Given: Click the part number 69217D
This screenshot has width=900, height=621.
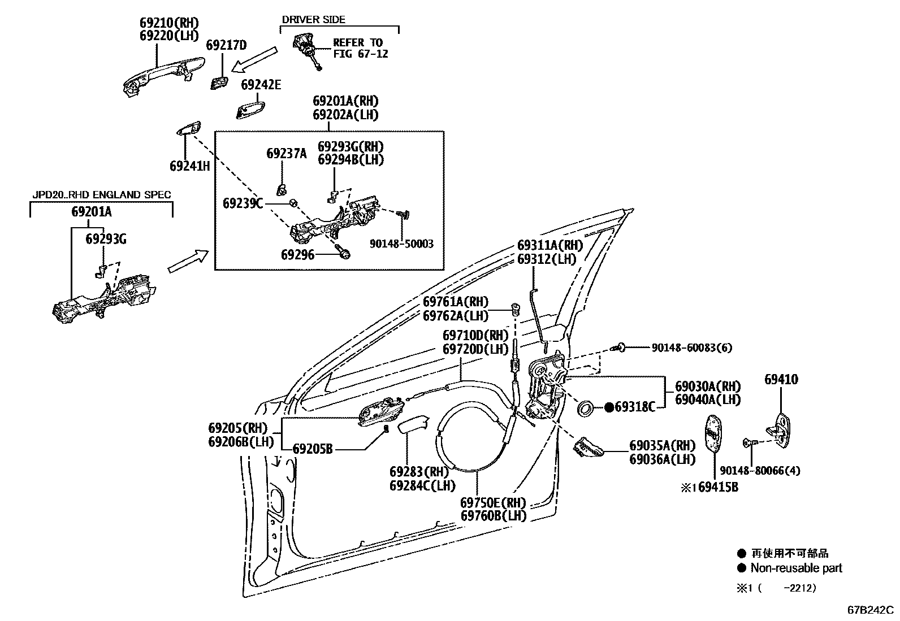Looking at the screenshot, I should coord(226,45).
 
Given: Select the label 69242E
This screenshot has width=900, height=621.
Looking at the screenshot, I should coord(261,85).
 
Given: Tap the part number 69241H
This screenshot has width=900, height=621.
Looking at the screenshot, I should coord(189,166).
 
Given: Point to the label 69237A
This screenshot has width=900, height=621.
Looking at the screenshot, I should coord(287,153).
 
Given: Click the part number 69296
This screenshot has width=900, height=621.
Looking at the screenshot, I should coord(297,255).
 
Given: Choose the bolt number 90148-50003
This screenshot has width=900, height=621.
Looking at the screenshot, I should coord(401,244).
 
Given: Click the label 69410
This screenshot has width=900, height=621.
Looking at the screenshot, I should coord(781,379).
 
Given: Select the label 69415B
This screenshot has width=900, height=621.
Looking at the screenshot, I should coord(717,487).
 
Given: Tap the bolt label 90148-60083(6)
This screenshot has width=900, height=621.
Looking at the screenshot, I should coord(691,348).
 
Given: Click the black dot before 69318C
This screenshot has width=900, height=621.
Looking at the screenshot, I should coord(609,406).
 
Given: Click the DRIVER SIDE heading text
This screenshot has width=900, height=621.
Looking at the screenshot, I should coord(313,19).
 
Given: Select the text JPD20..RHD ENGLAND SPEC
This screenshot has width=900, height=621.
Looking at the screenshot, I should coord(101,195).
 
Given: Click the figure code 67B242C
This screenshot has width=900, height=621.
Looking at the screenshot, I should coord(870,610).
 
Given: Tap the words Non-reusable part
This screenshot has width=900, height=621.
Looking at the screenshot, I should coord(796,568).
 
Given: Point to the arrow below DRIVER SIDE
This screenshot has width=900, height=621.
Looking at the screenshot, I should coord(255,59).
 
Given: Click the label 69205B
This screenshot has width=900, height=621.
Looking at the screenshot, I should coord(313,449).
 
